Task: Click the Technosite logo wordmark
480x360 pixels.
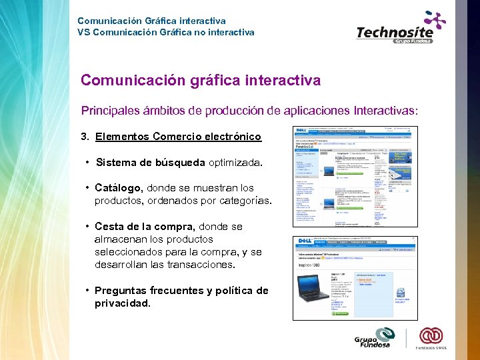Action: pos(395,31)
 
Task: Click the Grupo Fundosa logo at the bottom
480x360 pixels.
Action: pos(375,337)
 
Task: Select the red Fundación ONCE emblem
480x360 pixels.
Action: pos(431,335)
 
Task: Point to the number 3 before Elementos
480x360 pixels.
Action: pos(84,137)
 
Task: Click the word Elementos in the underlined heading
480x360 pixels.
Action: pos(122,137)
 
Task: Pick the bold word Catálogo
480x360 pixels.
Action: pos(119,188)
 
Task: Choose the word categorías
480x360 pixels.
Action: pos(243,201)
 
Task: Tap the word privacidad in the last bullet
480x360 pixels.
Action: pos(122,303)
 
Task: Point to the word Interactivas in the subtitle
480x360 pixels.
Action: pos(381,110)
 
